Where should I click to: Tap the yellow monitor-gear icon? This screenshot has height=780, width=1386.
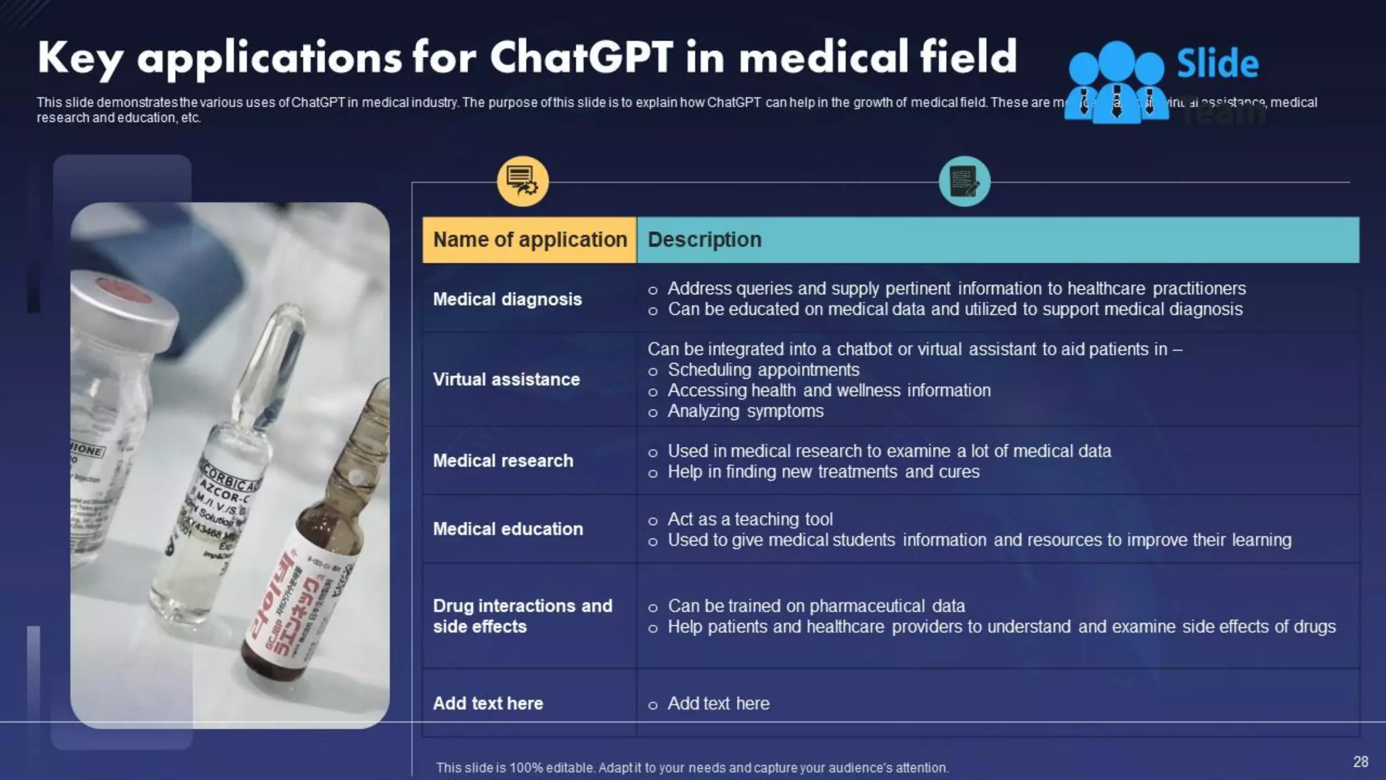[522, 181]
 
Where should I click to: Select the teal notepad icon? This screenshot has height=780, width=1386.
[964, 181]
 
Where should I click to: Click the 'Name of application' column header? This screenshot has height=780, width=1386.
[530, 240]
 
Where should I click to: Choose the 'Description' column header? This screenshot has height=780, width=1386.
[705, 240]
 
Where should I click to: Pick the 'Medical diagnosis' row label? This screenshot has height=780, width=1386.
[508, 299]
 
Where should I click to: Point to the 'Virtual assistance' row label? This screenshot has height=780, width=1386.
[506, 379]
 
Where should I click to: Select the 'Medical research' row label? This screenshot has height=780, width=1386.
[503, 460]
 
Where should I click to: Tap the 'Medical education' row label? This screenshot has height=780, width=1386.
[508, 529]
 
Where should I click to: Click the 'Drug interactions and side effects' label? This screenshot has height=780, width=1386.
[522, 615]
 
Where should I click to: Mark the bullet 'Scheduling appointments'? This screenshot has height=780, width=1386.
[763, 370]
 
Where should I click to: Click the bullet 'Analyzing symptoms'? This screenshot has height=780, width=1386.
[745, 411]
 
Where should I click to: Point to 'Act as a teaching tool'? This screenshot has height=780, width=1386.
[750, 519]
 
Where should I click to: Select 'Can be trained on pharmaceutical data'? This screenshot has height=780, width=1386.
[816, 606]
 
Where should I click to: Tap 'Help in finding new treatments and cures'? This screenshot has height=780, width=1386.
[823, 472]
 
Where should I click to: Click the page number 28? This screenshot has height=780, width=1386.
[1360, 762]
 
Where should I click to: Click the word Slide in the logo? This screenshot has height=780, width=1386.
[1217, 64]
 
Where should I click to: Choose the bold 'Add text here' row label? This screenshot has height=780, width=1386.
[488, 703]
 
